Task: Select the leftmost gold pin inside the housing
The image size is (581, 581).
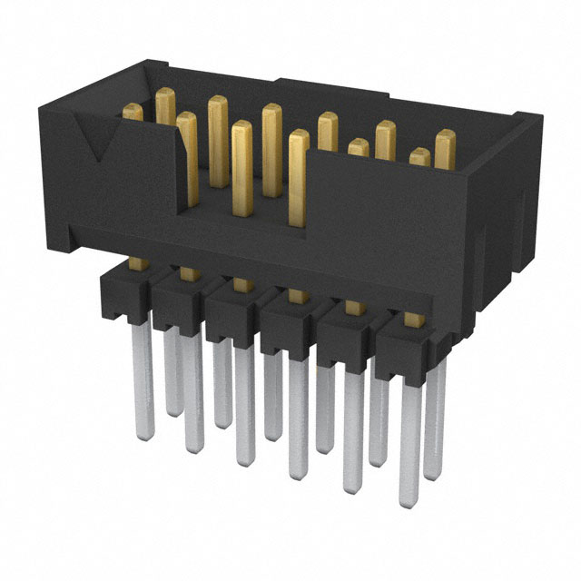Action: click(x=133, y=113)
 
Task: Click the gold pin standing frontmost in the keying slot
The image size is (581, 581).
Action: click(x=299, y=177)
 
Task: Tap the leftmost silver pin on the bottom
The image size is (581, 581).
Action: click(x=143, y=381)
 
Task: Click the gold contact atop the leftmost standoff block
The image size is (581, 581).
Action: click(x=137, y=264)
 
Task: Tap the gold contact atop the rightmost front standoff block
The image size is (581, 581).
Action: click(x=413, y=319)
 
